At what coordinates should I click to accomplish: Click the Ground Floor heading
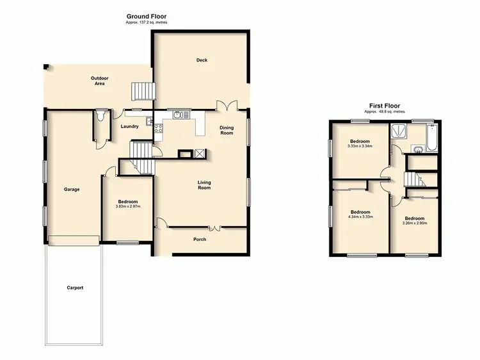tap(147, 16)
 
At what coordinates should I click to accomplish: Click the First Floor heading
tap(385, 106)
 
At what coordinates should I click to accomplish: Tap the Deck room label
tap(202, 60)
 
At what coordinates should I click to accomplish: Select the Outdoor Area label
tap(99, 81)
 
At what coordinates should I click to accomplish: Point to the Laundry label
tap(129, 126)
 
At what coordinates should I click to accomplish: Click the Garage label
tap(72, 189)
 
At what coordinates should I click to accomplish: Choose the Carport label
tap(75, 288)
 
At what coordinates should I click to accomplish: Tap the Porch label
tap(200, 240)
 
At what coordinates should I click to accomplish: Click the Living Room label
tap(204, 185)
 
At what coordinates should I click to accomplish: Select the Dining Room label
tap(227, 130)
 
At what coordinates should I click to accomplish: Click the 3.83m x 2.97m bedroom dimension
tap(127, 206)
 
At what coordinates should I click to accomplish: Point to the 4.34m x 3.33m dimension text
tap(360, 217)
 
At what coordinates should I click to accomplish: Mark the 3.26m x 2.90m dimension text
tap(414, 223)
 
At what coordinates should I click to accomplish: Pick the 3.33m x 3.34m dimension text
tap(360, 145)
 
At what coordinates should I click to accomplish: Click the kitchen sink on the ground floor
tap(178, 116)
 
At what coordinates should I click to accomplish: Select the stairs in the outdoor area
tap(141, 92)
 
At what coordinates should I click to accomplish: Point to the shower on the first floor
tap(398, 131)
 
